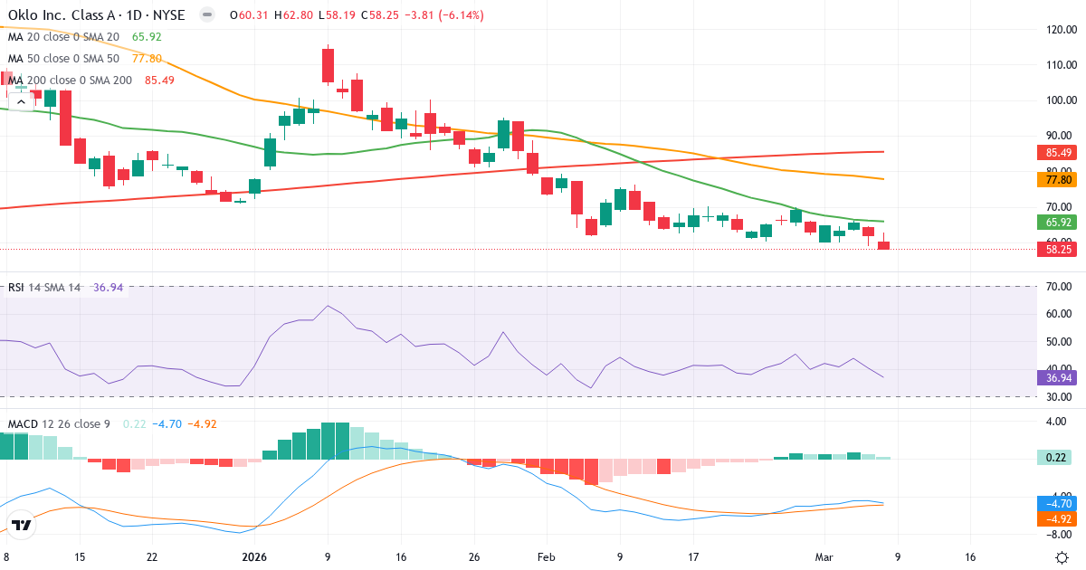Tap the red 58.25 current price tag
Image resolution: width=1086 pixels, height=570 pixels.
click(x=1056, y=249)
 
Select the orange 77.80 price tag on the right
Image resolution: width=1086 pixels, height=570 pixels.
click(x=1056, y=180)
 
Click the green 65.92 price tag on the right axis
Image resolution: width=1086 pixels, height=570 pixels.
click(x=1056, y=222)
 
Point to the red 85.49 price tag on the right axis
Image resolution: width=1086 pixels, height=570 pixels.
click(x=1056, y=153)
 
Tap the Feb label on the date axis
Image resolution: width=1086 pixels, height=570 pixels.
click(x=546, y=557)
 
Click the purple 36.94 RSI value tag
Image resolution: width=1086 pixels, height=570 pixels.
click(x=1056, y=377)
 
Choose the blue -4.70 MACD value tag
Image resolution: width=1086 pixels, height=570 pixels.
click(x=1056, y=503)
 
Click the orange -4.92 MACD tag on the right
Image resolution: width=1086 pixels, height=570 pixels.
click(x=1056, y=519)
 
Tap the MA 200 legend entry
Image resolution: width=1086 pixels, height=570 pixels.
click(x=70, y=80)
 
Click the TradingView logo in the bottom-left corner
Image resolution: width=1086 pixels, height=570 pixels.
click(x=22, y=525)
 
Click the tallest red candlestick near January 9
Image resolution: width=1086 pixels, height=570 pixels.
click(x=328, y=66)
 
